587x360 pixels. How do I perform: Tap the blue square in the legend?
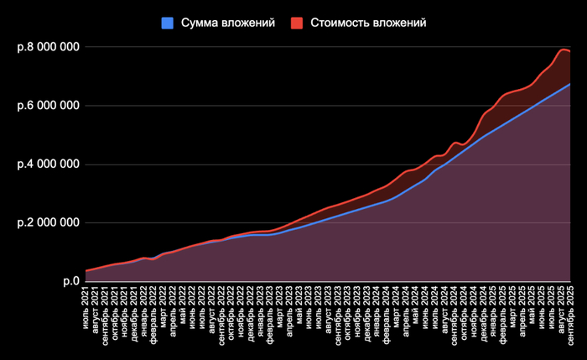pyautogui.click(x=167, y=23)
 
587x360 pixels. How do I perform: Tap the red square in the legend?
pyautogui.click(x=299, y=23)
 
